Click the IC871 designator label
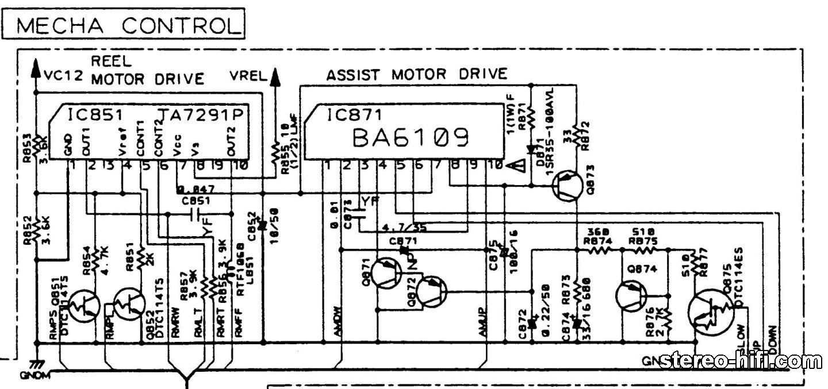point(347,115)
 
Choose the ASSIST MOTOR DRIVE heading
point(417,74)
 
